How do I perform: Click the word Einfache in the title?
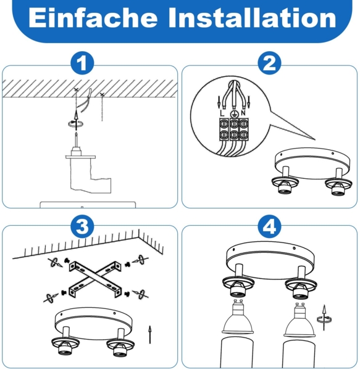93,18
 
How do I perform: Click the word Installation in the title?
254,18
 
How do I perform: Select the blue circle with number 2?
269,63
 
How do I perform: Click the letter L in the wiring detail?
222,113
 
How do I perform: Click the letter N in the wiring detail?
246,113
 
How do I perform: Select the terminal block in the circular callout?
234,130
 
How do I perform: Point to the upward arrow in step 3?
149,335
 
